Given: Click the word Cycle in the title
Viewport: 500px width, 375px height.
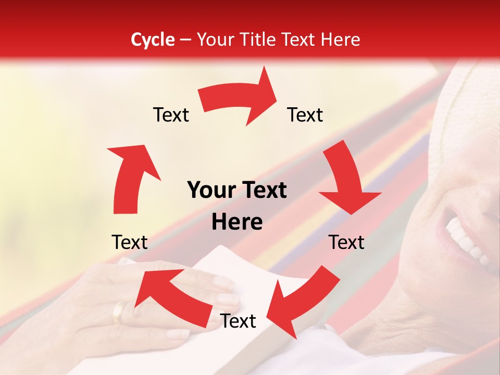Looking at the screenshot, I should point(153,40).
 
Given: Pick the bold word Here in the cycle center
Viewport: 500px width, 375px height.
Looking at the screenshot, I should point(237,222).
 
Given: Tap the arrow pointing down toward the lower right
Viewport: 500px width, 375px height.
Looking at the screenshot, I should point(346,182).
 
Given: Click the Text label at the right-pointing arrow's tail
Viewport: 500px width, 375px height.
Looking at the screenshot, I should point(171,115).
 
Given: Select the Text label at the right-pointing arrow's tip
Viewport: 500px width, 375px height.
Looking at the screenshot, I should point(305,115).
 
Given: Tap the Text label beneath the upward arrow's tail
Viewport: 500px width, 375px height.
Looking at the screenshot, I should point(130,242).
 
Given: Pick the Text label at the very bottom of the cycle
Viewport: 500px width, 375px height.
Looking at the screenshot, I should point(238,321).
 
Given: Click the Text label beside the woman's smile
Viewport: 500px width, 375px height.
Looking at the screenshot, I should point(346,242).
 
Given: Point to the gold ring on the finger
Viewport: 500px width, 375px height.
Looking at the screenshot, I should point(119,311).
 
